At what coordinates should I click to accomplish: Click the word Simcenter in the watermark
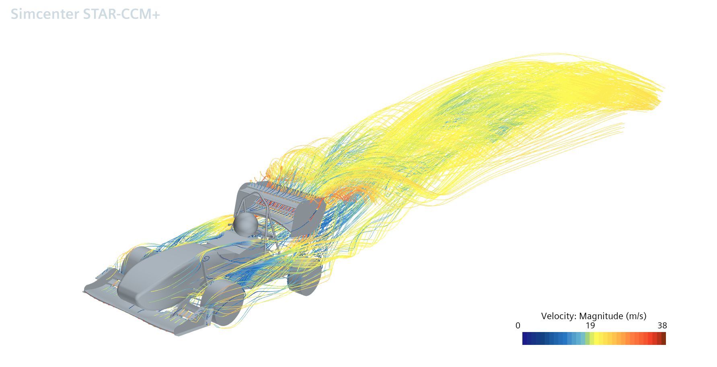(45, 14)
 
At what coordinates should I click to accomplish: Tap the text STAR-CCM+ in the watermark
(121, 14)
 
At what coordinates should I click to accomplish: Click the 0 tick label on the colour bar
(518, 326)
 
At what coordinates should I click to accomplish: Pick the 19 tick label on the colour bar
(590, 326)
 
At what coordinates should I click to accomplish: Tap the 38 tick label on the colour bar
(662, 326)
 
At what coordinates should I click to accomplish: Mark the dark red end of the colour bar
(664, 338)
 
